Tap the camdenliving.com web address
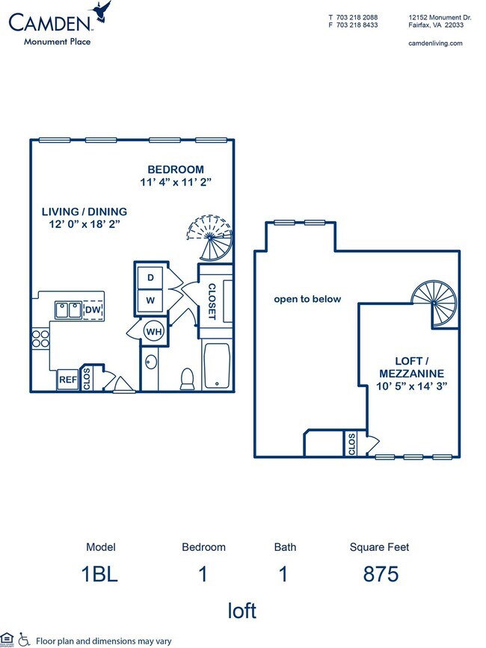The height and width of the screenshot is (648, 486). point(435,43)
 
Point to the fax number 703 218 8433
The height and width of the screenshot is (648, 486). point(354,25)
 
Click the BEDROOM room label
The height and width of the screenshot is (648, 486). point(175,169)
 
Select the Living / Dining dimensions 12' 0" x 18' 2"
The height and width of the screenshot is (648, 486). point(84,223)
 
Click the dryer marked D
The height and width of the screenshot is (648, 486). point(150,277)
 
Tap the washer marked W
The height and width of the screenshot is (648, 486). point(150,300)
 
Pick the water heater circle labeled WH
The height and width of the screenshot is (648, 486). point(153,331)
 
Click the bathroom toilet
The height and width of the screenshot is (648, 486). point(188,378)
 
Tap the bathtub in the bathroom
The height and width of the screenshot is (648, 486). point(217,365)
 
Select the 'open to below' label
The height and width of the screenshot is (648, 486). point(307,299)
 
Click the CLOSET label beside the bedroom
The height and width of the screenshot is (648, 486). point(212,301)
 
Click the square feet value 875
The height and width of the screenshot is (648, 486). point(379,574)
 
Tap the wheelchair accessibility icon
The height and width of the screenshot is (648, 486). point(24,639)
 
